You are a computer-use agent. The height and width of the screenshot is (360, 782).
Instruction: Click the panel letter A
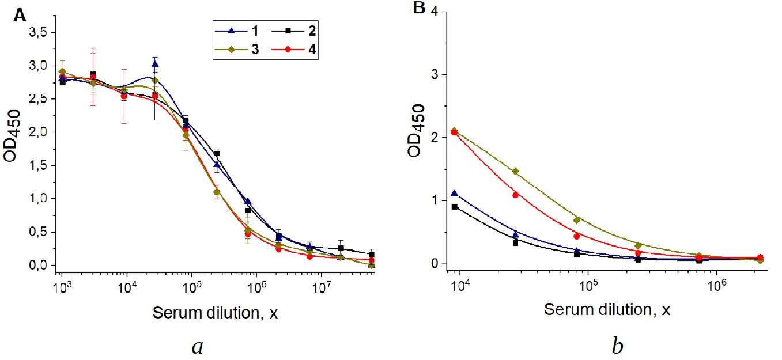click(20, 16)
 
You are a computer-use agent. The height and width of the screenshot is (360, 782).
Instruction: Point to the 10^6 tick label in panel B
click(716, 284)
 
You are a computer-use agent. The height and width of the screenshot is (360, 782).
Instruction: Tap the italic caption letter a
click(198, 347)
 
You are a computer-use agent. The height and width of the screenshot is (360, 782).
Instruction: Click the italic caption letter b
click(617, 347)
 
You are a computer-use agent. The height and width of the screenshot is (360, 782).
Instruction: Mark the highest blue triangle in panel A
click(155, 64)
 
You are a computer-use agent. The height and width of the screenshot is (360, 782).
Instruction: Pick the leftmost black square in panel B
click(455, 207)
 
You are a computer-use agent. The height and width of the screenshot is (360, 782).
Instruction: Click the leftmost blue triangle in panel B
click(455, 194)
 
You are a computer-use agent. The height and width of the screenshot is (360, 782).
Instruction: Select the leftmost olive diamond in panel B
click(455, 131)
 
